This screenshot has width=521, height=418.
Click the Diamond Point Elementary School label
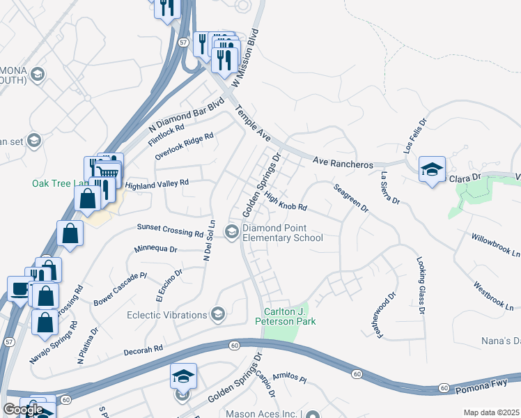(x=283, y=233)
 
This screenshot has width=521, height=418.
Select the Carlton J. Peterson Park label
(x=289, y=316)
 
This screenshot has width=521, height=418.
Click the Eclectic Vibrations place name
(x=167, y=315)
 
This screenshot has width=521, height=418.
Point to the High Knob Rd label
(x=286, y=203)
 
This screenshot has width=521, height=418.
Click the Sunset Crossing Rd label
(x=170, y=231)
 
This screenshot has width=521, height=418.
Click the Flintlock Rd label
(x=166, y=132)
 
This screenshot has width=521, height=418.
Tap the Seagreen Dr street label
(x=350, y=198)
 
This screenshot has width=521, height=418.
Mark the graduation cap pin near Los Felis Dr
(x=432, y=169)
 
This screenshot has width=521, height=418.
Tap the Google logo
(x=23, y=410)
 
